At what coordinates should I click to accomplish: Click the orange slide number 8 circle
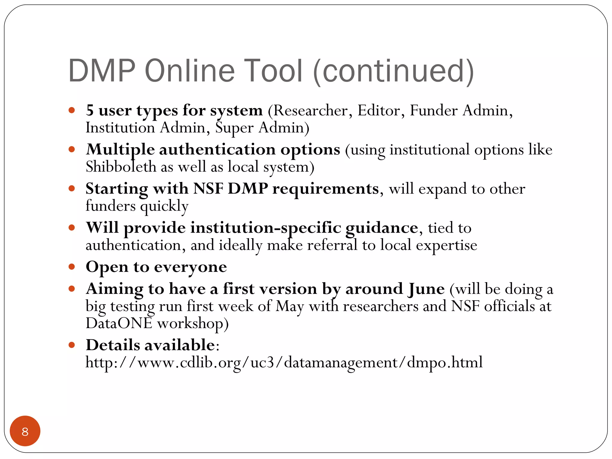click(25, 431)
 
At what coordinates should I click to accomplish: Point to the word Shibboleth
click(121, 167)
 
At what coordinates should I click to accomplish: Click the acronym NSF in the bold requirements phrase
click(208, 189)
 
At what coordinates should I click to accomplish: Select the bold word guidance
click(382, 228)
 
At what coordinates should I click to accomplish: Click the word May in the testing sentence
click(290, 307)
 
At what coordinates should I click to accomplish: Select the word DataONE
click(119, 324)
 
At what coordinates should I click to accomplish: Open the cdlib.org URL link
click(284, 362)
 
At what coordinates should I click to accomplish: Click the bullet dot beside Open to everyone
click(71, 267)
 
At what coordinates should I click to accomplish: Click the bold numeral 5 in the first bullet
click(90, 111)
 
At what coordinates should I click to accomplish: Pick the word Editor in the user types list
click(379, 111)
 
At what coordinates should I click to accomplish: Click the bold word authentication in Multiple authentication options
click(217, 150)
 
